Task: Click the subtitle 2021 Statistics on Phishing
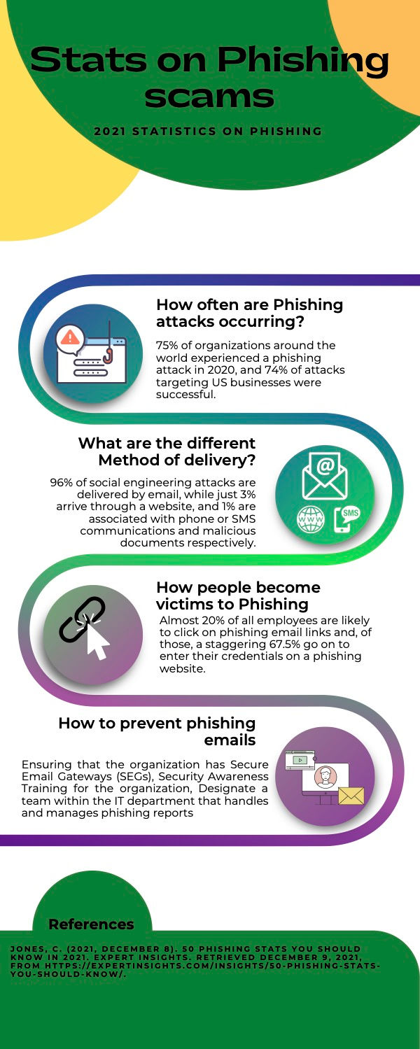208,131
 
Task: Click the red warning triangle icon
70,337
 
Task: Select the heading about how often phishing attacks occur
249,313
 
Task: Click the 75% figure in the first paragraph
169,345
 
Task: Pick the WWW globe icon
311,520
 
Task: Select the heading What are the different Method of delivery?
167,451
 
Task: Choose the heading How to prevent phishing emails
157,731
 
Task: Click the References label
91,924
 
